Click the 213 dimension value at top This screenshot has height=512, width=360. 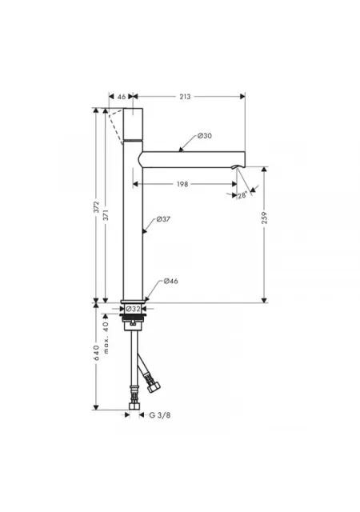pyautogui.click(x=185, y=97)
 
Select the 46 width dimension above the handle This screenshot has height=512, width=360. pyautogui.click(x=122, y=97)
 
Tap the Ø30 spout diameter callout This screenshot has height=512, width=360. pyautogui.click(x=205, y=136)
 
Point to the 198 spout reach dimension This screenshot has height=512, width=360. pyautogui.click(x=182, y=184)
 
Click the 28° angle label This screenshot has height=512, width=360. pyautogui.click(x=242, y=195)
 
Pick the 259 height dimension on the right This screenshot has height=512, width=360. pyautogui.click(x=264, y=218)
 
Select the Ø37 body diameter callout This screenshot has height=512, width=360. pyautogui.click(x=163, y=219)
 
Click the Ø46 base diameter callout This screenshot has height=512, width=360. pyautogui.click(x=171, y=281)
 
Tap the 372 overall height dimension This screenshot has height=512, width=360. pyautogui.click(x=96, y=207)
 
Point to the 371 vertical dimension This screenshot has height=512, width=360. pyautogui.click(x=106, y=215)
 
